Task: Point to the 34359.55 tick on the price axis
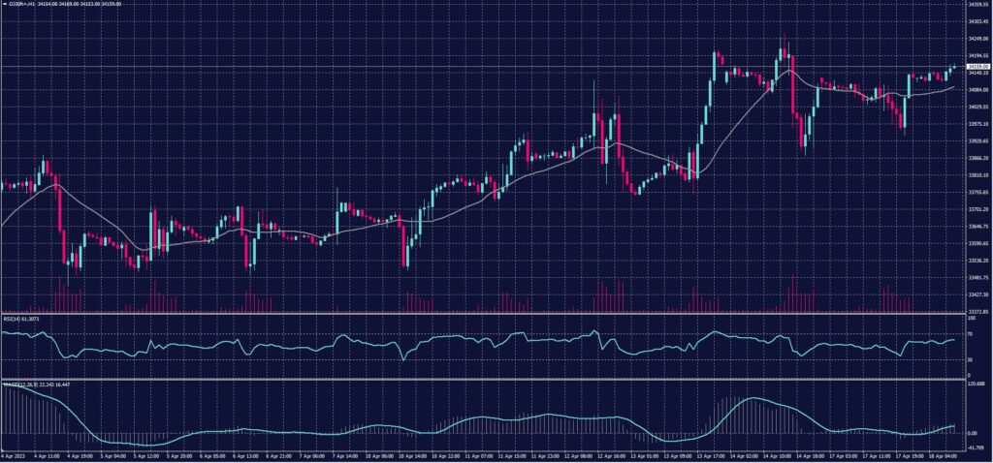coord(977,4)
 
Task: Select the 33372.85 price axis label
coord(977,312)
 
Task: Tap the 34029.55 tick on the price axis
coord(977,107)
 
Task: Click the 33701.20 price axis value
coord(977,209)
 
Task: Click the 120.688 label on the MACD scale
coord(976,383)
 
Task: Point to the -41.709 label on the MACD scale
coord(976,448)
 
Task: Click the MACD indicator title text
coord(29,384)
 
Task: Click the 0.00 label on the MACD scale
coord(973,433)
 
